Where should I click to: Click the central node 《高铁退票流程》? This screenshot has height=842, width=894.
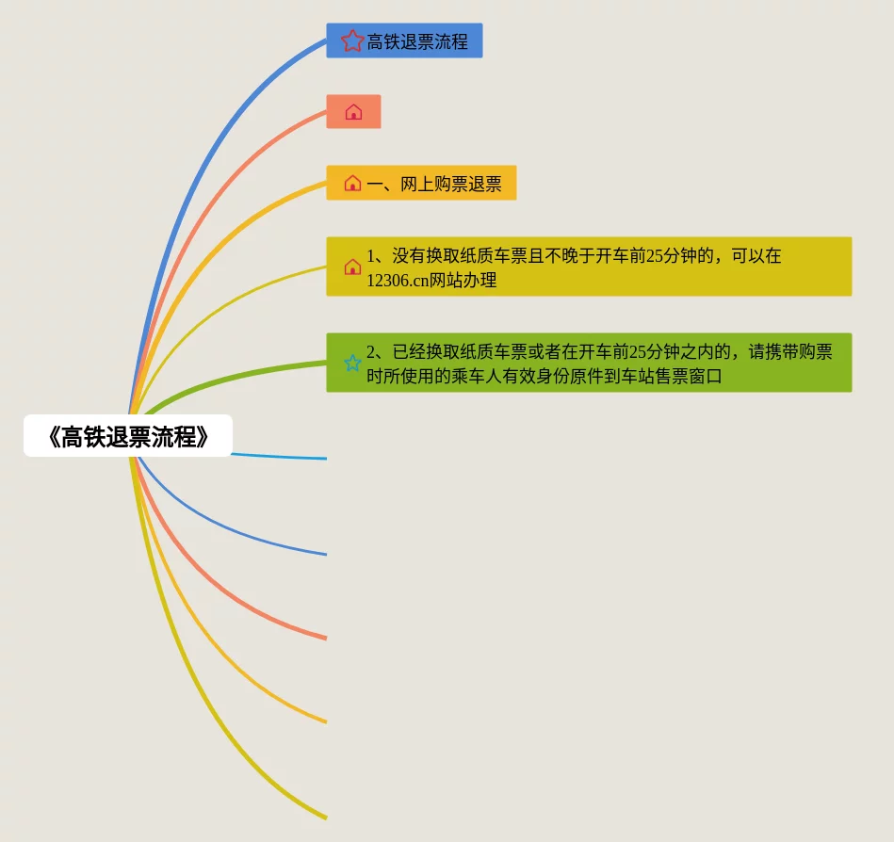(x=127, y=436)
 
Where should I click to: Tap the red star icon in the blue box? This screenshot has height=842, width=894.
(x=352, y=40)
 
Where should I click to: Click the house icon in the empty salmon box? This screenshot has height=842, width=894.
(x=353, y=112)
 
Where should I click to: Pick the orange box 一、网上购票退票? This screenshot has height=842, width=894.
(x=433, y=184)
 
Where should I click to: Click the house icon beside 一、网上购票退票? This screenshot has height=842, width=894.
(x=352, y=184)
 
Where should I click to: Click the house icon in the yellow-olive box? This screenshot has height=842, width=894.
(x=352, y=267)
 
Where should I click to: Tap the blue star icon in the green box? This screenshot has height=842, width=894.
(x=352, y=363)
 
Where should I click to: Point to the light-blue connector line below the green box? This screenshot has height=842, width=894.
(x=283, y=457)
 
